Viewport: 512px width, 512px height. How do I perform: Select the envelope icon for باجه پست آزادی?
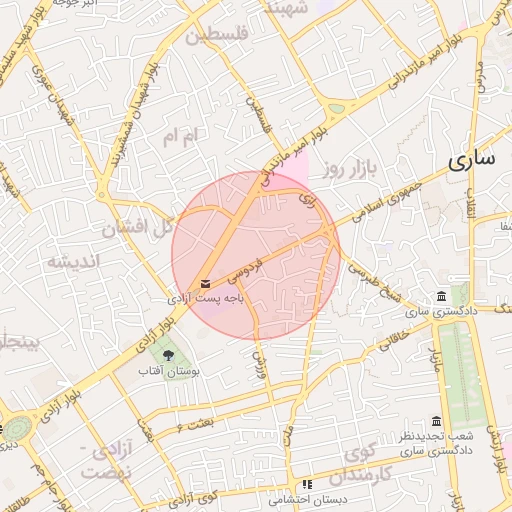206,285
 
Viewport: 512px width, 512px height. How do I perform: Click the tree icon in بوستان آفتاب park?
168,355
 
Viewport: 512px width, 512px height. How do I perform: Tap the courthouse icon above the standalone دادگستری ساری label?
441,296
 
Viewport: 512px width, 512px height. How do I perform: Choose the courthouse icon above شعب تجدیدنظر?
436,422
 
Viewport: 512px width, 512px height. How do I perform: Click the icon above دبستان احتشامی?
307,484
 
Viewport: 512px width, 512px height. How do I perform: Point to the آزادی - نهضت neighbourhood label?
111,461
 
